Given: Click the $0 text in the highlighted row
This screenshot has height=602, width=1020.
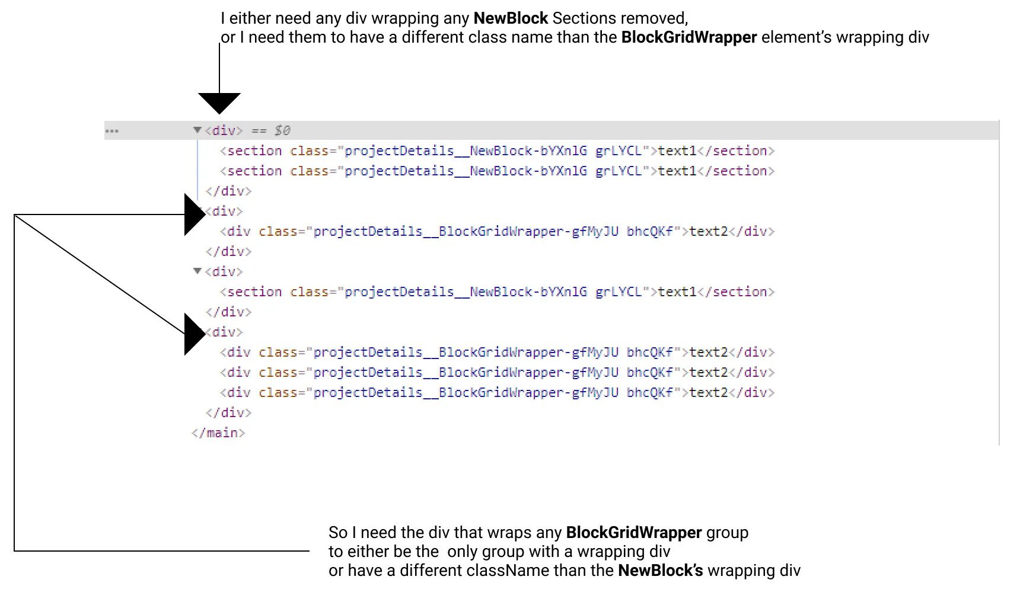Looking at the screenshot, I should click(x=282, y=130).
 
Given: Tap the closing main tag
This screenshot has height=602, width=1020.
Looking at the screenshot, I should click(x=218, y=433).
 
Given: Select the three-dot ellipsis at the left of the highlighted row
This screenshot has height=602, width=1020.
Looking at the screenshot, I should click(x=112, y=131).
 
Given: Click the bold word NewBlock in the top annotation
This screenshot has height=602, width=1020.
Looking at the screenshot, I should click(x=511, y=18).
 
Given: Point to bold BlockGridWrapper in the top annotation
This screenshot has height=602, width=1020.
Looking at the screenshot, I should click(x=689, y=37).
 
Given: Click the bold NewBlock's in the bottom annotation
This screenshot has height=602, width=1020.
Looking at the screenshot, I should click(x=661, y=571).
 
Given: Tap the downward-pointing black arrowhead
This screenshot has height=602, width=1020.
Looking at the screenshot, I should click(x=219, y=103).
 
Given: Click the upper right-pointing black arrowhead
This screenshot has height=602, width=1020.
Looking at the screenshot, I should click(x=194, y=214).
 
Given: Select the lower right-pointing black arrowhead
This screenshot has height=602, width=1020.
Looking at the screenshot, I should click(x=194, y=334).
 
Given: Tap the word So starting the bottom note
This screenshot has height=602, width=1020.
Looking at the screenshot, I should click(x=338, y=533).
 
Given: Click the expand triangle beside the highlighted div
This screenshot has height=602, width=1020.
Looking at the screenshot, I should click(x=197, y=130).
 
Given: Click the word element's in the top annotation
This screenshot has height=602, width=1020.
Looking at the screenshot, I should click(x=796, y=37).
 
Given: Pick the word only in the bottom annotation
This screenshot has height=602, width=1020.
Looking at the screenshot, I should click(x=462, y=552).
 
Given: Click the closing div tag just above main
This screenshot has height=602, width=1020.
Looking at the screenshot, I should click(x=229, y=413).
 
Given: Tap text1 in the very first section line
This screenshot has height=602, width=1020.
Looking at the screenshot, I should click(x=677, y=151).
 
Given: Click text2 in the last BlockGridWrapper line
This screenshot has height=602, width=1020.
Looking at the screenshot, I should click(x=708, y=393).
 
